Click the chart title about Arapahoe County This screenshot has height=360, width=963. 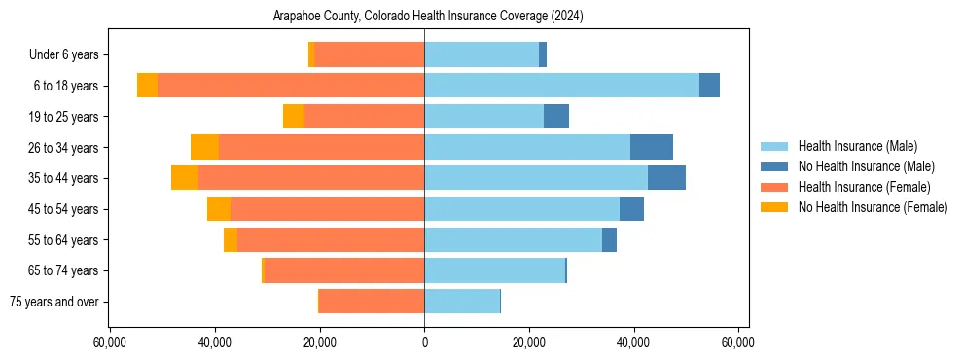click(x=424, y=17)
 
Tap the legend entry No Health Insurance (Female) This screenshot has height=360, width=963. click(x=872, y=207)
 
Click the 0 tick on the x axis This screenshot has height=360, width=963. click(x=424, y=343)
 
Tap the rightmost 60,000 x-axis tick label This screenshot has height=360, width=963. click(x=738, y=343)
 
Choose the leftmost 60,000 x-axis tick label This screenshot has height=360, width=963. click(x=110, y=343)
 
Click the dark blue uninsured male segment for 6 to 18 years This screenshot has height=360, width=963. click(x=709, y=86)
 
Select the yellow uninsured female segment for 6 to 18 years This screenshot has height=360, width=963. click(x=147, y=86)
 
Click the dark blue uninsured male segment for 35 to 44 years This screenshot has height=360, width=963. click(x=666, y=178)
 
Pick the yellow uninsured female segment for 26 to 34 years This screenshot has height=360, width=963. click(x=204, y=147)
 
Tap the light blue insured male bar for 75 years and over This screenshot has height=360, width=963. click(x=462, y=302)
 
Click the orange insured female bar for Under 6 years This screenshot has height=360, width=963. click(x=370, y=55)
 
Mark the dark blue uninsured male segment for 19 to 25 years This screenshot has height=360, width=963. click(x=555, y=117)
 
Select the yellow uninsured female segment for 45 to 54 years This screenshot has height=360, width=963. click(x=219, y=209)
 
